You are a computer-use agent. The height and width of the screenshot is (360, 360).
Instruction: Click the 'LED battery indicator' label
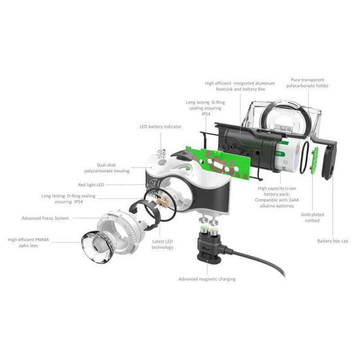[160, 126]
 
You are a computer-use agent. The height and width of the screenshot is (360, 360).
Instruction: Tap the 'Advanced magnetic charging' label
[207, 279]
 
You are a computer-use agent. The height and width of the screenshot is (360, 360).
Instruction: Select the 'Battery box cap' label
[332, 241]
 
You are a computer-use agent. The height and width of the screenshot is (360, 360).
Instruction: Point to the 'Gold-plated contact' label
[312, 217]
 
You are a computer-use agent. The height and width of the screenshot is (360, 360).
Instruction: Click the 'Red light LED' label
[91, 185]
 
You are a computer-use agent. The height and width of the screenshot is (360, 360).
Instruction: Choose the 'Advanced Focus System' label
[45, 218]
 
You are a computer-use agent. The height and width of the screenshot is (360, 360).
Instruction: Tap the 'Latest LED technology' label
[162, 244]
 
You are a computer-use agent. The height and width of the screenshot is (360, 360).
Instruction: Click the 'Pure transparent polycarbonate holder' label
[307, 83]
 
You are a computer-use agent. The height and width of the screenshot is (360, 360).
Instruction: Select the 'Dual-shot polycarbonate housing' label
[107, 168]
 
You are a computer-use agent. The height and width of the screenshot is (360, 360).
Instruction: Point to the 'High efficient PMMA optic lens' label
[28, 243]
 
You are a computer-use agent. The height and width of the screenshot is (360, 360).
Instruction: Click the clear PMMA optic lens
[97, 248]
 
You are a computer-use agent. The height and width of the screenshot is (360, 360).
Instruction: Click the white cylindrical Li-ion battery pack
[288, 157]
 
